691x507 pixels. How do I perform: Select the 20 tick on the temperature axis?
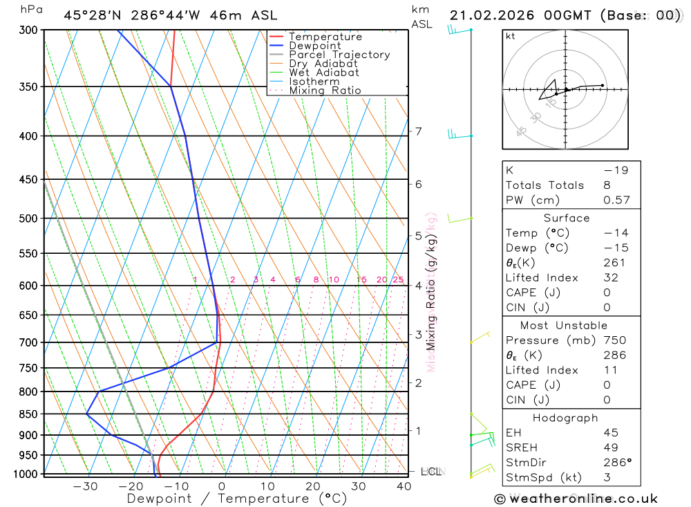[x=313, y=486]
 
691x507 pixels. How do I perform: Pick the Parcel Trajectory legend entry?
[x=339, y=55]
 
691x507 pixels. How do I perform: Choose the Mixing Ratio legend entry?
[x=325, y=91]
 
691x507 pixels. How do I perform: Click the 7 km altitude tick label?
[x=418, y=131]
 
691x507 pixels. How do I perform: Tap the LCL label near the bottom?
[x=431, y=472]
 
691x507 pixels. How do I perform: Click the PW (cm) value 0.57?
[x=616, y=200]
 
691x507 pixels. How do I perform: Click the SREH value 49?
[x=610, y=448]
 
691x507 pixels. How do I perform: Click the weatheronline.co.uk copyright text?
[x=576, y=499]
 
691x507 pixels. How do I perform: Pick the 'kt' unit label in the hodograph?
[x=511, y=36]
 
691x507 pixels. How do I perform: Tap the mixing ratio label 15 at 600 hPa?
[x=361, y=279]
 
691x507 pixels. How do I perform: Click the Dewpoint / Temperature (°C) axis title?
[x=237, y=498]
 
